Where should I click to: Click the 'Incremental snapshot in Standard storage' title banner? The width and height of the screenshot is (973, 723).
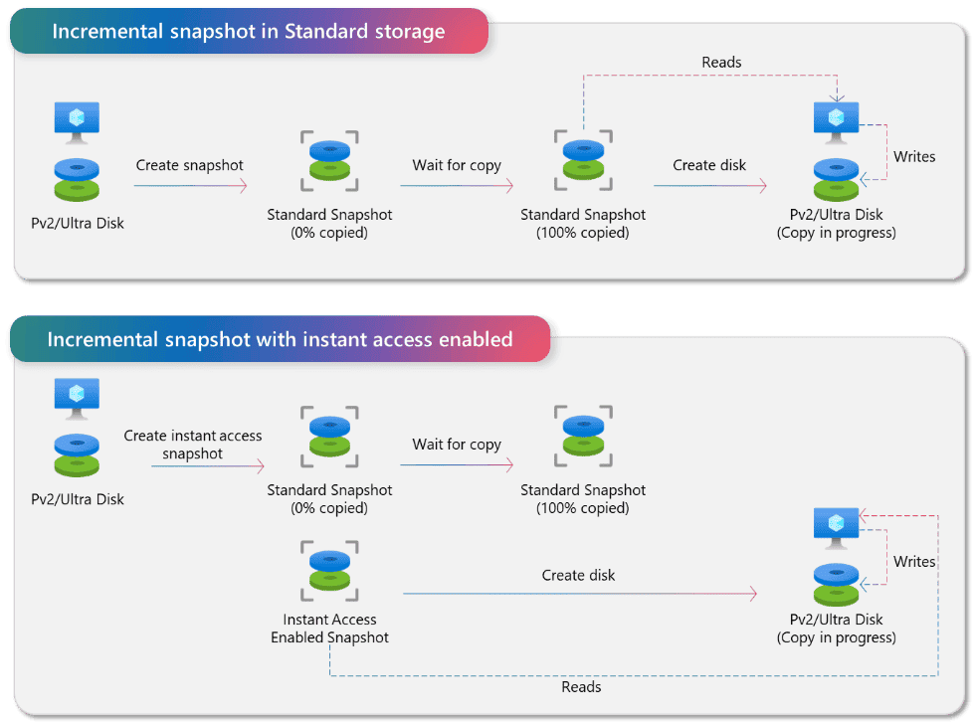click(249, 31)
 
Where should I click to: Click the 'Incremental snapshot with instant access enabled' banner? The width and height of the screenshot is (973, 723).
click(280, 339)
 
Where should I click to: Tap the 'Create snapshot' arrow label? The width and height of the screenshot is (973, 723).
click(189, 165)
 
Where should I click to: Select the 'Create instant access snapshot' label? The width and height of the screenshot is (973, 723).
click(192, 445)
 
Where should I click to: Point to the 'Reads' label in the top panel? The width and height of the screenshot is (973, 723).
click(721, 62)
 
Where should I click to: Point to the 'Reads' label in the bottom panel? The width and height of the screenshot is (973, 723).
click(581, 686)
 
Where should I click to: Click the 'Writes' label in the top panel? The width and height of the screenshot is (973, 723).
click(914, 156)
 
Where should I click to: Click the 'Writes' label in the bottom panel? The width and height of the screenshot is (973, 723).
click(914, 561)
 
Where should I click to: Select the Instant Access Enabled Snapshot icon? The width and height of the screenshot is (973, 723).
click(329, 571)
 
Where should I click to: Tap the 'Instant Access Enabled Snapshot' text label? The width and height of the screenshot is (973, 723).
click(329, 629)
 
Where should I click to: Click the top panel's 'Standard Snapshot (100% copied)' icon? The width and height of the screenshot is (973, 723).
click(583, 160)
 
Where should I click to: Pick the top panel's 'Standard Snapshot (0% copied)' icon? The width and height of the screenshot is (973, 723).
click(329, 160)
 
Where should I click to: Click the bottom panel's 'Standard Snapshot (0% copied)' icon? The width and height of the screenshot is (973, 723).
click(329, 437)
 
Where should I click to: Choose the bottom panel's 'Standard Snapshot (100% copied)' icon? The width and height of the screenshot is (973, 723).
click(583, 436)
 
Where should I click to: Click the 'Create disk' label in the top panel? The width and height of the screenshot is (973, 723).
click(709, 165)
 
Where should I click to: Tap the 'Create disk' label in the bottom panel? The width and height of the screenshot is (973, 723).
click(578, 575)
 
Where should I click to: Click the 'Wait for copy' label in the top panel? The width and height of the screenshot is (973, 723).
click(457, 165)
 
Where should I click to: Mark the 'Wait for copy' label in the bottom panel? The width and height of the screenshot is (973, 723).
click(457, 445)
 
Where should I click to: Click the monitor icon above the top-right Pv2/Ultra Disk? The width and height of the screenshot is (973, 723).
click(836, 122)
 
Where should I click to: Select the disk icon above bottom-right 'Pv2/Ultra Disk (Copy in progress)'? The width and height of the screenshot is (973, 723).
click(836, 584)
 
